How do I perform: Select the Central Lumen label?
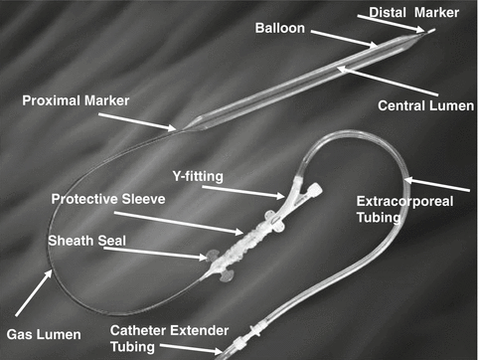coord(426,104)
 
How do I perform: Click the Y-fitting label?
coord(225,175)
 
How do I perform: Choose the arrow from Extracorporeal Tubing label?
coord(437,184)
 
